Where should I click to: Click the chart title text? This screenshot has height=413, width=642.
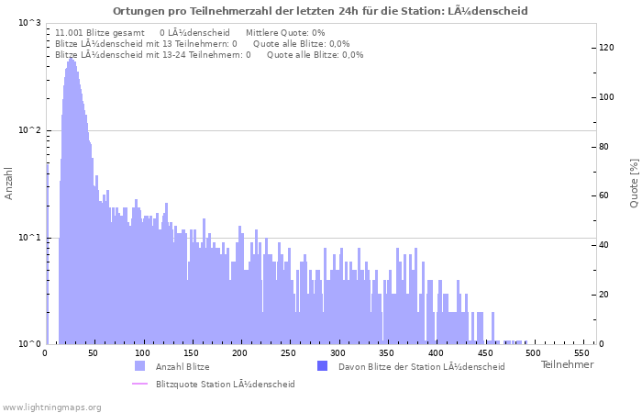click(320, 11)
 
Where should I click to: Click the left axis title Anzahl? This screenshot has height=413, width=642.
click(9, 184)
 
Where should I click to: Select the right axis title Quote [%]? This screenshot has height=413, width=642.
click(634, 183)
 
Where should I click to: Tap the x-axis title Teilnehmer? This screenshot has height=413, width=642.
click(567, 365)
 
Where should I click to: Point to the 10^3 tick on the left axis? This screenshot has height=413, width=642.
click(29, 22)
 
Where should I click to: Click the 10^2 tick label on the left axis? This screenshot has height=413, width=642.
click(29, 130)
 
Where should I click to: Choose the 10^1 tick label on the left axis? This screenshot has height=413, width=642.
click(29, 238)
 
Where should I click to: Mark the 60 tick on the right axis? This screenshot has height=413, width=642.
click(605, 195)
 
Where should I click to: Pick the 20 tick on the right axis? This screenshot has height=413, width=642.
click(605, 295)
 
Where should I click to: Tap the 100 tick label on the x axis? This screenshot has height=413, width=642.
click(142, 353)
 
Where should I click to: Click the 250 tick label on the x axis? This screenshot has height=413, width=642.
click(288, 353)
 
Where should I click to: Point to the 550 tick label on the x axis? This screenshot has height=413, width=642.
click(581, 353)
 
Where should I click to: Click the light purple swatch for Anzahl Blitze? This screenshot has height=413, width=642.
click(139, 366)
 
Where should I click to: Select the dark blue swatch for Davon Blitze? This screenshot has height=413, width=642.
click(322, 366)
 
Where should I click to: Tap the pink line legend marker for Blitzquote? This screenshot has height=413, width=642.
click(139, 384)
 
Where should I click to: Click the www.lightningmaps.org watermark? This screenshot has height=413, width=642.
click(51, 407)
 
